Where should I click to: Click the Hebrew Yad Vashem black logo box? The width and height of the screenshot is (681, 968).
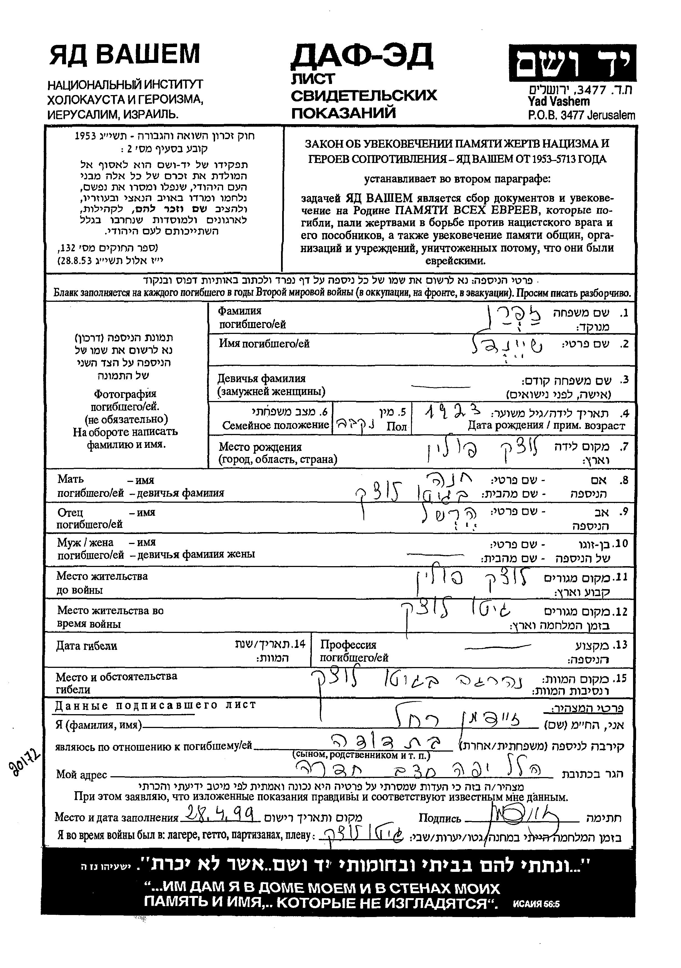click(x=572, y=63)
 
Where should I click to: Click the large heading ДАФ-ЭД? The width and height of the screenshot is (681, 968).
click(x=361, y=57)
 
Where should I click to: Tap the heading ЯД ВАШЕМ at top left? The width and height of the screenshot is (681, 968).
click(x=124, y=55)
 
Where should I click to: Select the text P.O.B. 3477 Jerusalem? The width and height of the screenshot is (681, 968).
click(x=581, y=115)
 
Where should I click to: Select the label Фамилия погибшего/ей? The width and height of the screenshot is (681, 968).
click(x=252, y=318)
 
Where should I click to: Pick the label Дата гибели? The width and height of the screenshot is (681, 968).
click(x=86, y=646)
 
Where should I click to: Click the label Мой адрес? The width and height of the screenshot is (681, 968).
click(x=81, y=775)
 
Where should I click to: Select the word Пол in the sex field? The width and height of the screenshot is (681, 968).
click(x=396, y=427)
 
